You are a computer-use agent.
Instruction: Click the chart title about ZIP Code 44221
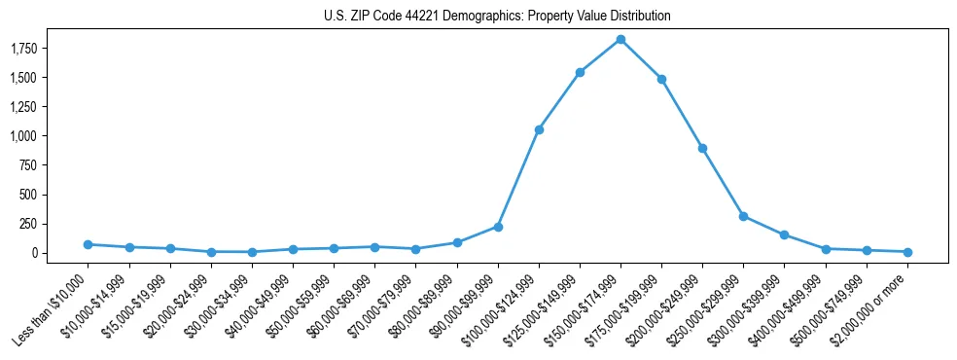tap(497, 17)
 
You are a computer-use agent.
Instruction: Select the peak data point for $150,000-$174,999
tap(620, 40)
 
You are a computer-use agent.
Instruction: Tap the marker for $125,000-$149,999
tap(580, 72)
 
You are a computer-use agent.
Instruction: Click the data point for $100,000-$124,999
tap(539, 129)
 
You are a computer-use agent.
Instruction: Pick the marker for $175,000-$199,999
tap(661, 79)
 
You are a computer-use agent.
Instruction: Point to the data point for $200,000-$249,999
tap(702, 148)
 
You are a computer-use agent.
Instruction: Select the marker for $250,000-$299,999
tap(743, 216)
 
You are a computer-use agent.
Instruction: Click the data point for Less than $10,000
tap(89, 244)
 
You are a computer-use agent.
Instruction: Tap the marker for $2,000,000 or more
tap(907, 252)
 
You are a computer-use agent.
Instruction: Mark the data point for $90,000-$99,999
tap(498, 227)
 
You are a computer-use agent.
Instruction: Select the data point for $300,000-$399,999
tap(784, 234)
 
